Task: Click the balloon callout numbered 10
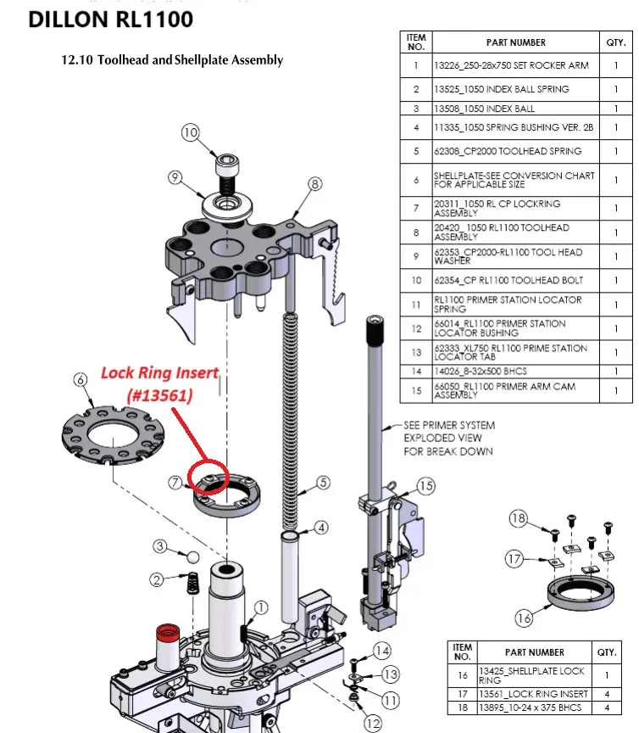pos(190,132)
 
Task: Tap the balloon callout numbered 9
pos(175,177)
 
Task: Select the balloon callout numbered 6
pos(81,380)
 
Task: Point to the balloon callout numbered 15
pos(425,486)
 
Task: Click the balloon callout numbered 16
pos(525,618)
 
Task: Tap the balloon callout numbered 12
pos(374,723)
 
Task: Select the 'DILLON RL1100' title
pos(110,19)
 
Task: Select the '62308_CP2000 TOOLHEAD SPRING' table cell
pos(508,151)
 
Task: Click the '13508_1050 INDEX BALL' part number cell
pos(484,109)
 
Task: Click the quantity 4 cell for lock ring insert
pos(607,693)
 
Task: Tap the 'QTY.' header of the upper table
pos(614,42)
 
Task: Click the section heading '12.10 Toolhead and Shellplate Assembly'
pos(172,60)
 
